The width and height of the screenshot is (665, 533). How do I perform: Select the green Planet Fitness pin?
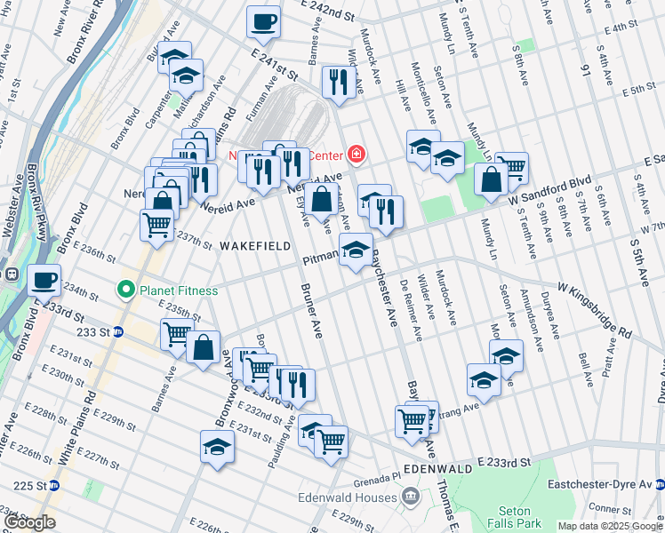(x=126, y=289)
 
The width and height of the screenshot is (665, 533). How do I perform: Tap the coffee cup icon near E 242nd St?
(x=263, y=21)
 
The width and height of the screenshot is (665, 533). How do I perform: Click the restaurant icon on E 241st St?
(x=339, y=81)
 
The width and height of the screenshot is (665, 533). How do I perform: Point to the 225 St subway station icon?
(x=53, y=485)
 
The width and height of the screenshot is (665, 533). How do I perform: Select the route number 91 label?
(x=585, y=68)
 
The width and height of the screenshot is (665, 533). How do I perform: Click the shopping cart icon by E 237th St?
(x=156, y=225)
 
